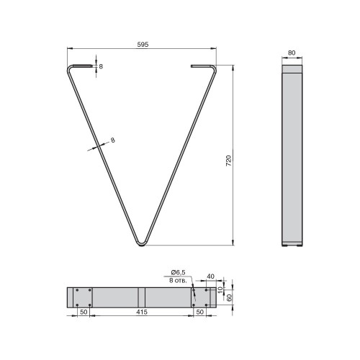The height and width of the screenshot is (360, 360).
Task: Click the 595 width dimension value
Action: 143,45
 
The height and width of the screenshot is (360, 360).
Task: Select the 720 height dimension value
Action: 228,161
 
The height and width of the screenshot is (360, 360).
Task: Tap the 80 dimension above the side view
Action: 292,53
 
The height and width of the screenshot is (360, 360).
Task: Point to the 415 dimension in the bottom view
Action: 142,312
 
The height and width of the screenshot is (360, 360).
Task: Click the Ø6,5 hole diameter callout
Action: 178,272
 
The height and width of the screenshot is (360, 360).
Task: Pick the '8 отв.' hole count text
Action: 178,280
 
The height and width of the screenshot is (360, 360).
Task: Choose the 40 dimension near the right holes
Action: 210,276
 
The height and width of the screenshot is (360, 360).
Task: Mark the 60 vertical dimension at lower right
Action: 230,297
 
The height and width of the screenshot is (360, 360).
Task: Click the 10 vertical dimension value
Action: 220,290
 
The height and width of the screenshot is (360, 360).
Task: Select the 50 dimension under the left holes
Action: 84,312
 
